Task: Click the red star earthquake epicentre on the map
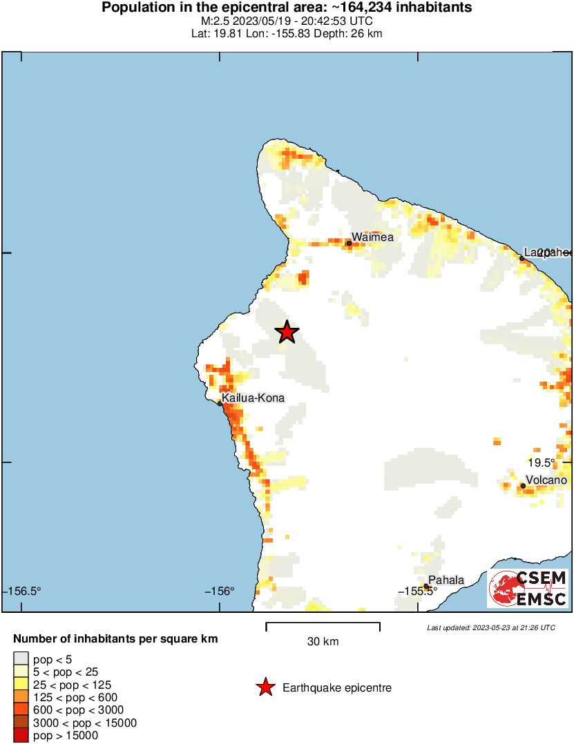(287, 333)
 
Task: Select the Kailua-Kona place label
(253, 398)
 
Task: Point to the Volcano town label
(546, 480)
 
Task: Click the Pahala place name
(446, 580)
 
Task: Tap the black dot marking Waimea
(350, 243)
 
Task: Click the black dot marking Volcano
(523, 486)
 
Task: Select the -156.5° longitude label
(23, 591)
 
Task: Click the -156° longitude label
(220, 591)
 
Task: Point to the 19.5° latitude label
(542, 463)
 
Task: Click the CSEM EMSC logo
(528, 588)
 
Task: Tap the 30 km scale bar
(323, 627)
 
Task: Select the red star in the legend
(265, 687)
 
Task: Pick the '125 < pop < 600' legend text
(75, 698)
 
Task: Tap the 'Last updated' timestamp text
(490, 627)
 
